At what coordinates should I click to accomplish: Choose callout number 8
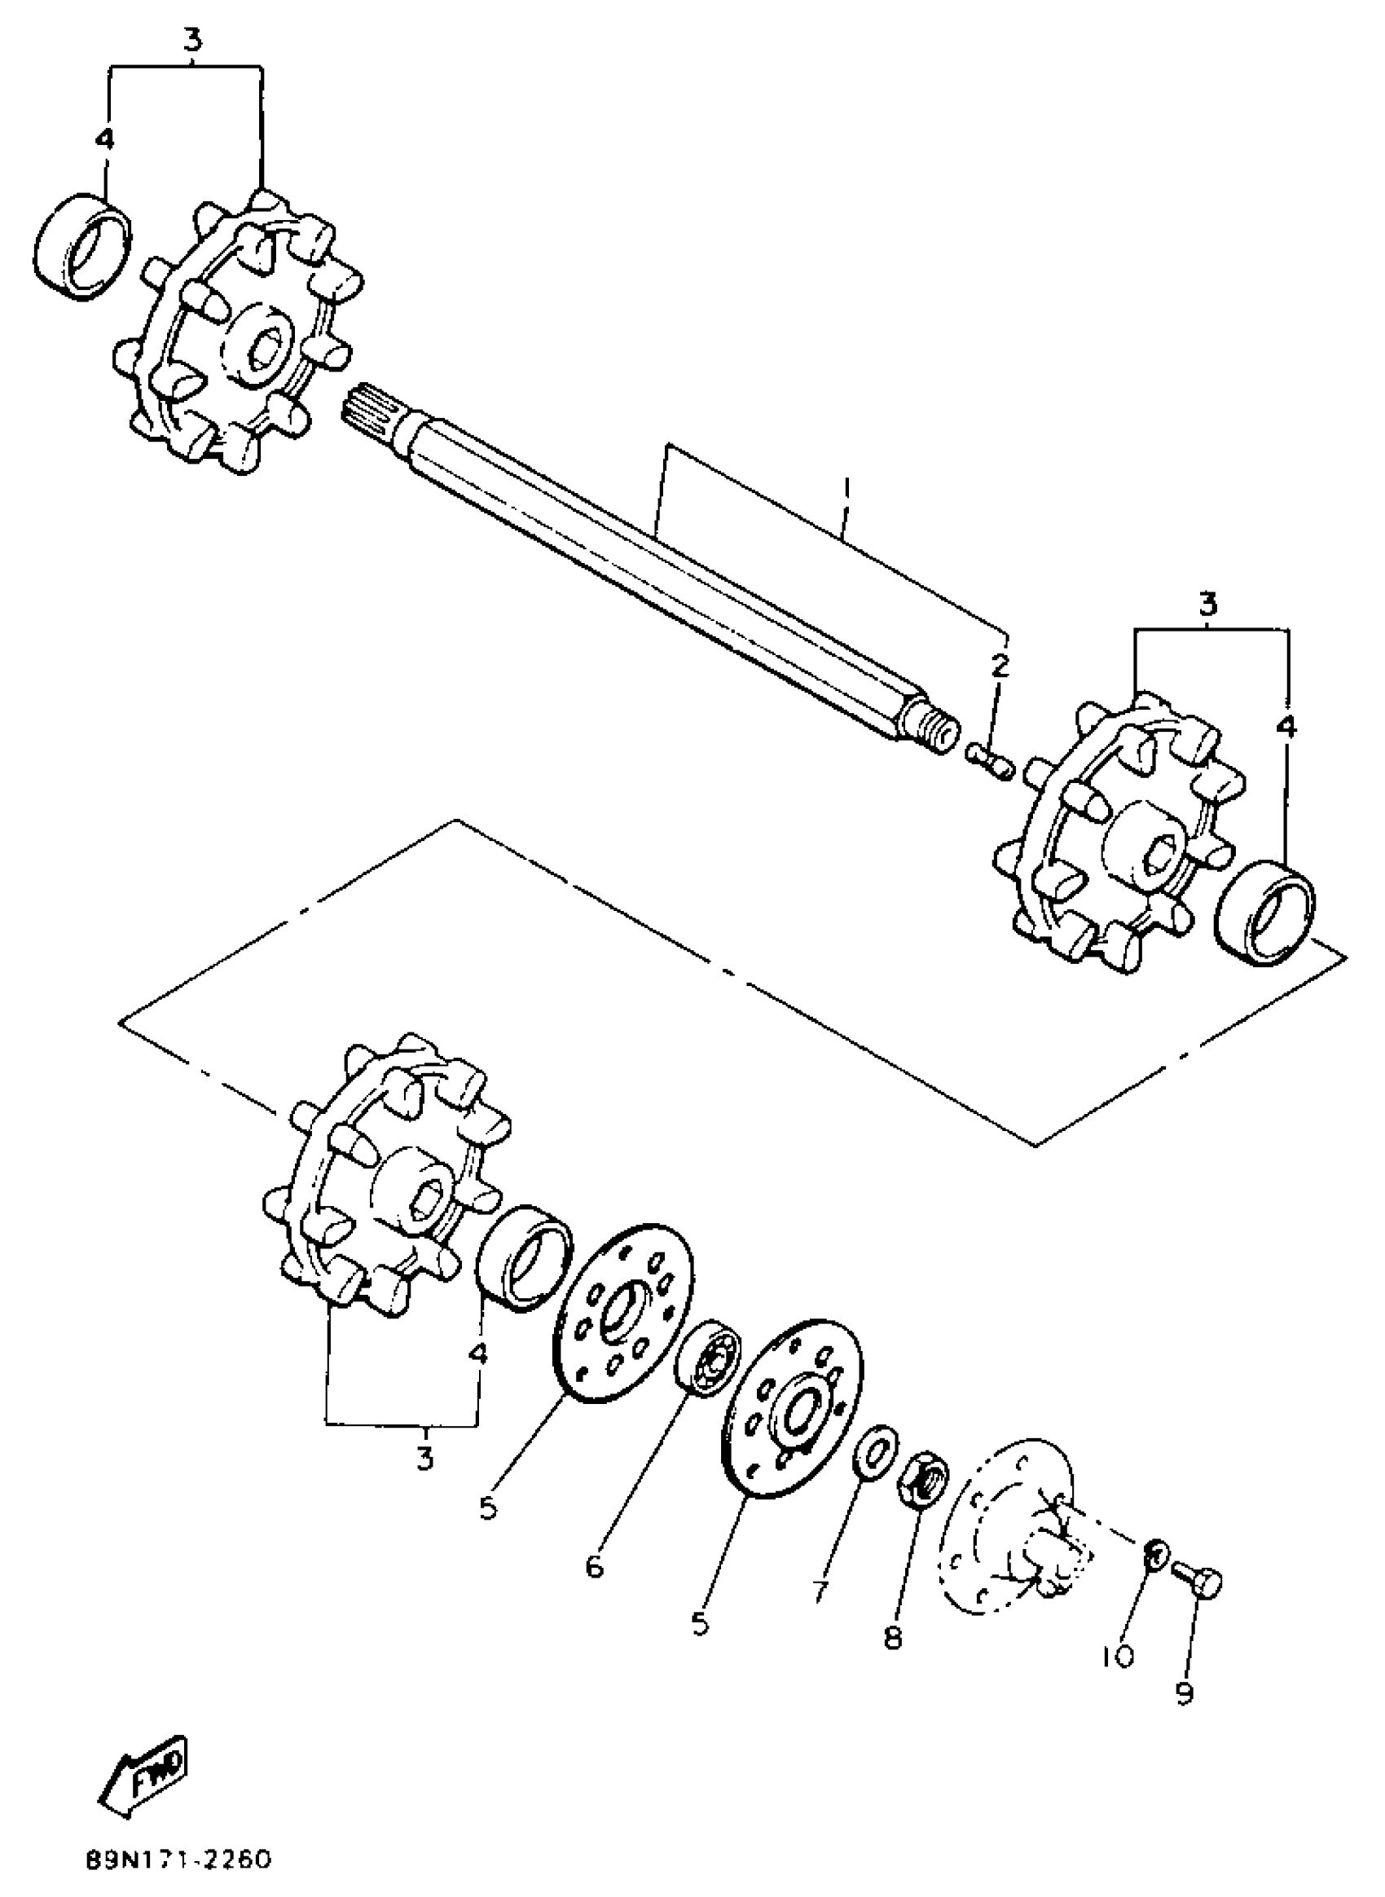pyautogui.click(x=892, y=1636)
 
